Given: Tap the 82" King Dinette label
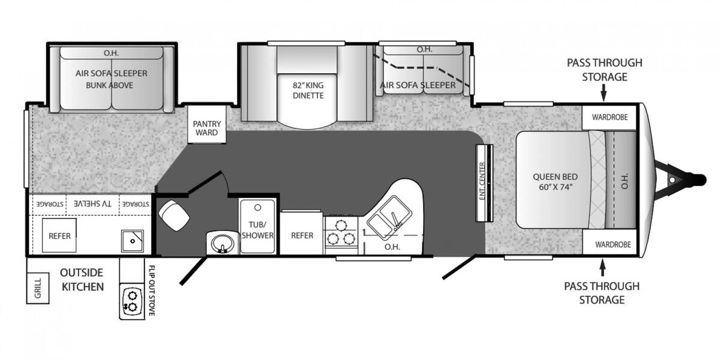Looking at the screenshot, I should click(x=308, y=91).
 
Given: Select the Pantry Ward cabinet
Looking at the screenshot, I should click(x=206, y=128).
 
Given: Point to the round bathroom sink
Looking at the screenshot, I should click(x=222, y=243).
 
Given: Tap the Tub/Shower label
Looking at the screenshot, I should click(x=257, y=230).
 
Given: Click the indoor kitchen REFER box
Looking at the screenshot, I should click(x=302, y=235).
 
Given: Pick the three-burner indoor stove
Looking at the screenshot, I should click(x=340, y=235).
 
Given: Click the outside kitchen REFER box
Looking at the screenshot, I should click(x=59, y=236).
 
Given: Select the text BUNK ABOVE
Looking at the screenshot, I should click(x=109, y=85).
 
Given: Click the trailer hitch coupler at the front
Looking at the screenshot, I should click(x=693, y=179).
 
